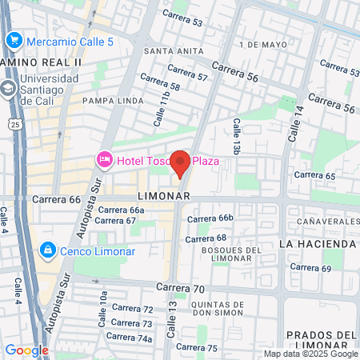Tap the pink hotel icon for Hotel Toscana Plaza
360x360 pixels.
pyautogui.click(x=104, y=161)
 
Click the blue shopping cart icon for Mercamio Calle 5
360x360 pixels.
pyautogui.click(x=13, y=41)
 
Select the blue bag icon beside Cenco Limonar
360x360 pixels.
pyautogui.click(x=47, y=250)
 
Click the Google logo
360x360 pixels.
pyautogui.click(x=26, y=350)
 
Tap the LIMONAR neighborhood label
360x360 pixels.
pyautogui.click(x=163, y=196)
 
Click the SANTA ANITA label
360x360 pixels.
pyautogui.click(x=166, y=52)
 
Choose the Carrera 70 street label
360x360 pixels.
pyautogui.click(x=182, y=287)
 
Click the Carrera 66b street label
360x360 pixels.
pyautogui.click(x=214, y=218)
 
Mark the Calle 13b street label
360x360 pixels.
pyautogui.click(x=236, y=136)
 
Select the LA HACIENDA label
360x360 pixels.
pyautogui.click(x=318, y=243)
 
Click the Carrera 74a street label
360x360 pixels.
pyautogui.click(x=133, y=338)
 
